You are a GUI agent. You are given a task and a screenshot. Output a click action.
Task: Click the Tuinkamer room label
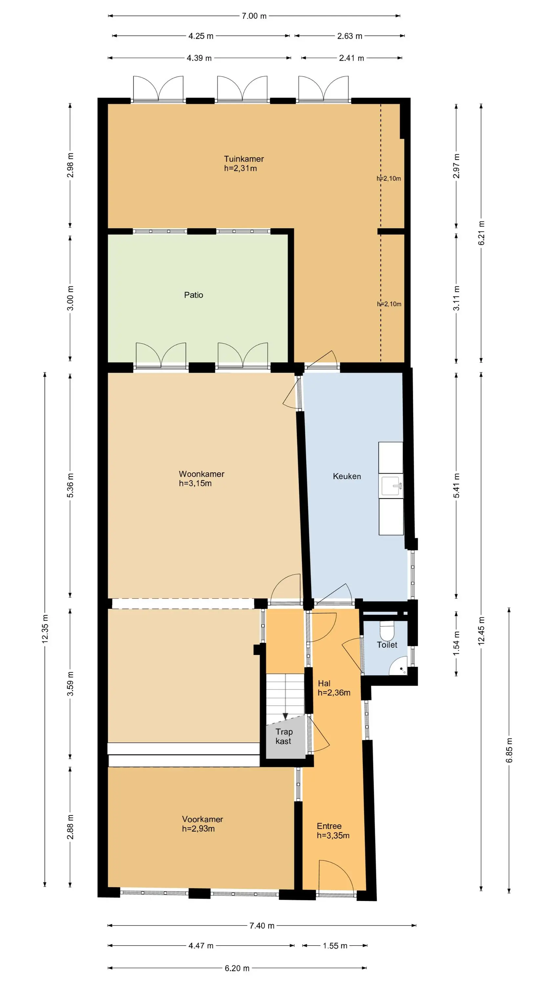tap(244, 159)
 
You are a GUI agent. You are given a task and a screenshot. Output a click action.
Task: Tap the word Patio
tap(193, 295)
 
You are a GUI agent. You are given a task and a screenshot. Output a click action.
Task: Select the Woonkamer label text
tap(202, 474)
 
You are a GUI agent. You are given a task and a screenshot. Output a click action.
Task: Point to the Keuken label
tap(347, 476)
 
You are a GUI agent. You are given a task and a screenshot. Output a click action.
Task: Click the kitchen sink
tap(392, 486)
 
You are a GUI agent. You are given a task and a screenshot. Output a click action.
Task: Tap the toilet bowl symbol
tap(387, 631)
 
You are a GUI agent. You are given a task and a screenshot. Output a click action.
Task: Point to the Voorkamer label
tap(202, 819)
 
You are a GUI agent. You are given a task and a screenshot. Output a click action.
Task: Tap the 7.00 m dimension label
tap(254, 16)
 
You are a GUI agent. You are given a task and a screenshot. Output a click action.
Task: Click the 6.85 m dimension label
tap(509, 750)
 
